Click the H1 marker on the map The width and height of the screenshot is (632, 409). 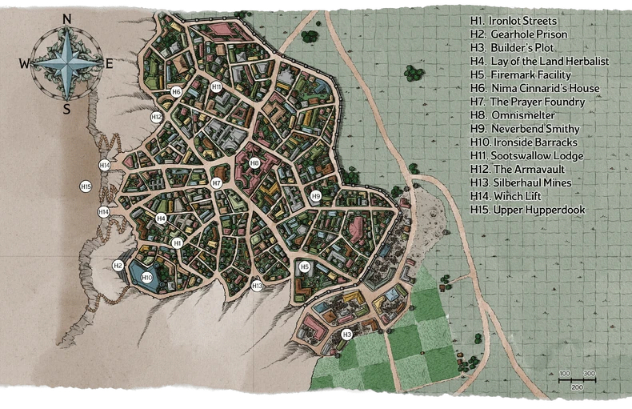coord(178,243)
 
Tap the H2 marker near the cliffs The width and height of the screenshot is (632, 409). coord(118,266)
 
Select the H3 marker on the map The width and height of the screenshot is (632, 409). coord(346,334)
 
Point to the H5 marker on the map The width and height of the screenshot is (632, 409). coord(304,267)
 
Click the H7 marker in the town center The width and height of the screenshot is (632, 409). coord(216,183)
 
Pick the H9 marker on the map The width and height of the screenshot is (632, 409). coord(315,195)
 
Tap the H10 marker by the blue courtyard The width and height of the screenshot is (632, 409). coord(146,278)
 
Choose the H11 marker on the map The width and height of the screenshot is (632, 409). coord(217,86)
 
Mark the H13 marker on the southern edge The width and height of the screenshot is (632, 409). coord(257,286)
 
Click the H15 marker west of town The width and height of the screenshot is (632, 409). coord(86,186)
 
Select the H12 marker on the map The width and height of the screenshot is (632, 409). coord(157,117)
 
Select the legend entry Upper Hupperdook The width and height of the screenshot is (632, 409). coord(528,210)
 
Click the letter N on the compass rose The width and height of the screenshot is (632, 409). coord(66,19)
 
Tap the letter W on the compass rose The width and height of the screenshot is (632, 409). coord(24,64)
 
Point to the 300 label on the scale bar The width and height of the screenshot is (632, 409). coord(589,375)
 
